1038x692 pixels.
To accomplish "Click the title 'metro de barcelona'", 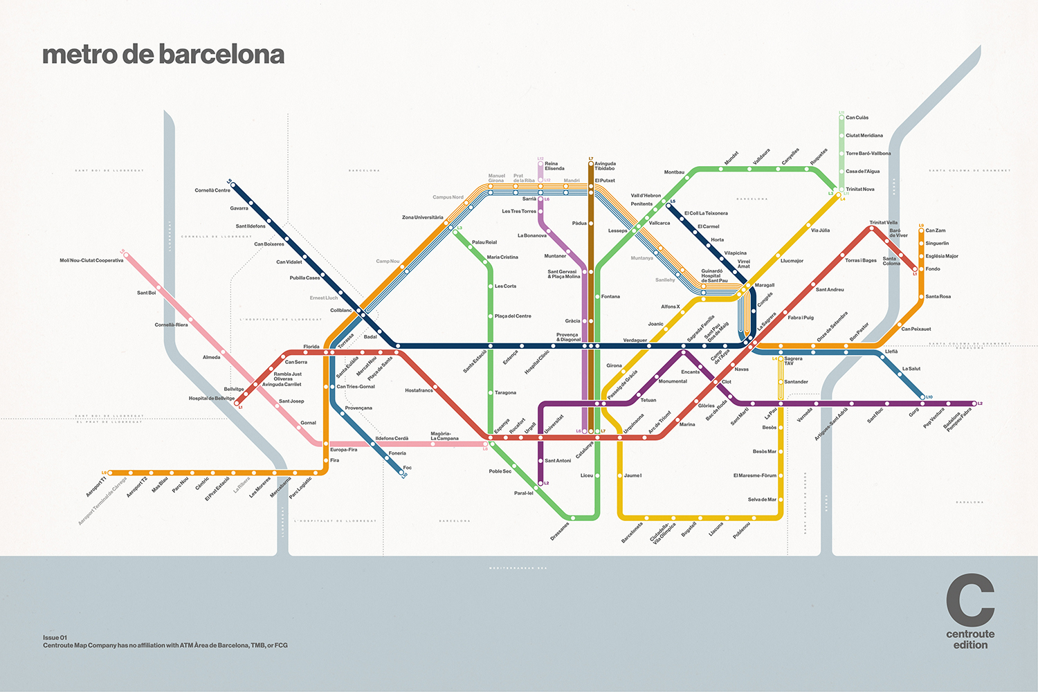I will pyautogui.click(x=163, y=55).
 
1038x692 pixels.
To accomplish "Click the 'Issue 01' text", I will pyautogui.click(x=55, y=637).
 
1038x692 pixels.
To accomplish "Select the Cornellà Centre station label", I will pyautogui.click(x=212, y=190).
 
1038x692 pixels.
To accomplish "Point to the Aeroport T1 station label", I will pyautogui.click(x=95, y=486).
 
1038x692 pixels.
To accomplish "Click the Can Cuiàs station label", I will pyautogui.click(x=857, y=118).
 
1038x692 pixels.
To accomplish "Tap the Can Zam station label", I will pyautogui.click(x=935, y=230).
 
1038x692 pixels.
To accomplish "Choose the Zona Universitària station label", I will pyautogui.click(x=422, y=217).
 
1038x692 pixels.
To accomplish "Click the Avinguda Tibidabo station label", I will pyautogui.click(x=605, y=166).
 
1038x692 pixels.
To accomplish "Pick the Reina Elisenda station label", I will pyautogui.click(x=554, y=166).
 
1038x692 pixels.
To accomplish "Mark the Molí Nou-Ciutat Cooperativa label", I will pyautogui.click(x=91, y=261).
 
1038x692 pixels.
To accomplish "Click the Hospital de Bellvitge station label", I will pyautogui.click(x=212, y=399).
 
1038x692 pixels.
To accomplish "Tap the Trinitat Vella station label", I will pyautogui.click(x=883, y=223).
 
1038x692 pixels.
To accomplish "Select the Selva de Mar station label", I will pyautogui.click(x=762, y=500).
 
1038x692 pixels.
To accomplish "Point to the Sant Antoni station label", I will pyautogui.click(x=558, y=461).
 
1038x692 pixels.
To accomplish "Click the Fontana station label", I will pyautogui.click(x=610, y=297).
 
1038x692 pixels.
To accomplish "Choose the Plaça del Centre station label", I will pyautogui.click(x=513, y=316).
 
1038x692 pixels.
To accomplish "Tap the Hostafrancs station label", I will pyautogui.click(x=419, y=390).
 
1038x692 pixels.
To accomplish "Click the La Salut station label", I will pyautogui.click(x=911, y=369).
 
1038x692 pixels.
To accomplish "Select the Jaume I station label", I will pyautogui.click(x=632, y=475).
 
